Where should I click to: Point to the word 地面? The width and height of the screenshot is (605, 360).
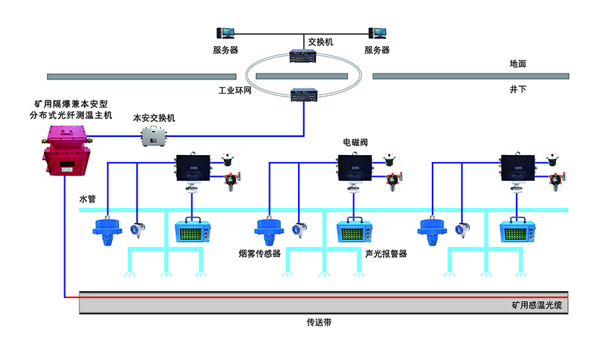pos(517,64)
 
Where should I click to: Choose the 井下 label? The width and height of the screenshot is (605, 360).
pos(517,89)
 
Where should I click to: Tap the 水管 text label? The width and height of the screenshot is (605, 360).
pos(88,200)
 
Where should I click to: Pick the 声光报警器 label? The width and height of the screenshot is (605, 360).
pos(382,254)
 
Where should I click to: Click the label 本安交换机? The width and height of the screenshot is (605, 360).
pos(154,118)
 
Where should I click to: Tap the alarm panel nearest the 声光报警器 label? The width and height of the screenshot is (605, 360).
pos(355,231)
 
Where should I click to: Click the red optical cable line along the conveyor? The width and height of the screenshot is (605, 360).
pos(302,296)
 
